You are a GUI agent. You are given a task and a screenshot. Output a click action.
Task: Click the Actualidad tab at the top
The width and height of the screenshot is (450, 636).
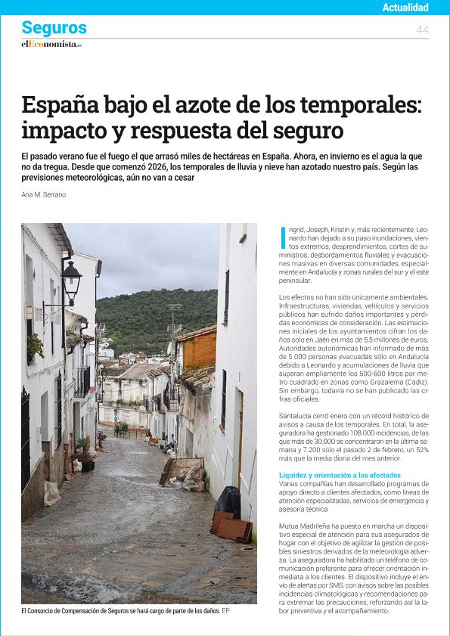coord(405,8)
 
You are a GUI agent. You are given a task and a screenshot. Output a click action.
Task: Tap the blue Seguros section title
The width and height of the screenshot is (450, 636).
coord(54,28)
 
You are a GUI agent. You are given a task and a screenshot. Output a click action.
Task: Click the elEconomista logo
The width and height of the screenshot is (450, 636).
coord(51,44)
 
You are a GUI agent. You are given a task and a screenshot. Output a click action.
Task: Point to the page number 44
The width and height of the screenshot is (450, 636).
coord(422,29)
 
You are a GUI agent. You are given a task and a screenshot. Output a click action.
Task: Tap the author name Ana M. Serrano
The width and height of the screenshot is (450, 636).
coord(44,194)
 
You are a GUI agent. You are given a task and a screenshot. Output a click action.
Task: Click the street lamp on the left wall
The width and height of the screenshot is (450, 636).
coord(71,278)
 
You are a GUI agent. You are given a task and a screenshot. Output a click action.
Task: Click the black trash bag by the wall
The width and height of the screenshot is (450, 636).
coord(227,501)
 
